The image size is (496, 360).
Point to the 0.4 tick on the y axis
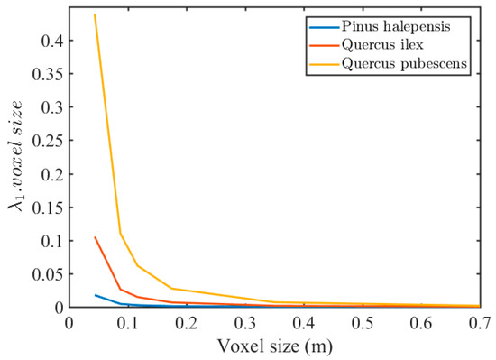click(52, 42)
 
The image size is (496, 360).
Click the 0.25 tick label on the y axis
click(49, 142)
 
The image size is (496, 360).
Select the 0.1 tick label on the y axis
click(52, 241)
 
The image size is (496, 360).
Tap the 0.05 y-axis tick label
click(49, 274)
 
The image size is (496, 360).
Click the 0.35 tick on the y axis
click(49, 75)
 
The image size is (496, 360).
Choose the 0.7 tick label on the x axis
click(479, 323)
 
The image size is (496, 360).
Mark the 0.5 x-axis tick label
click(362, 323)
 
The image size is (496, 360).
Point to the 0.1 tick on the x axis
click(128, 323)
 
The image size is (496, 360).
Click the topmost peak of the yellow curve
click(95, 15)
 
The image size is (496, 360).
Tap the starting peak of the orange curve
click(95, 237)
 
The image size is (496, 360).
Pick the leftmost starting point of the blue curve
click(95, 295)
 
